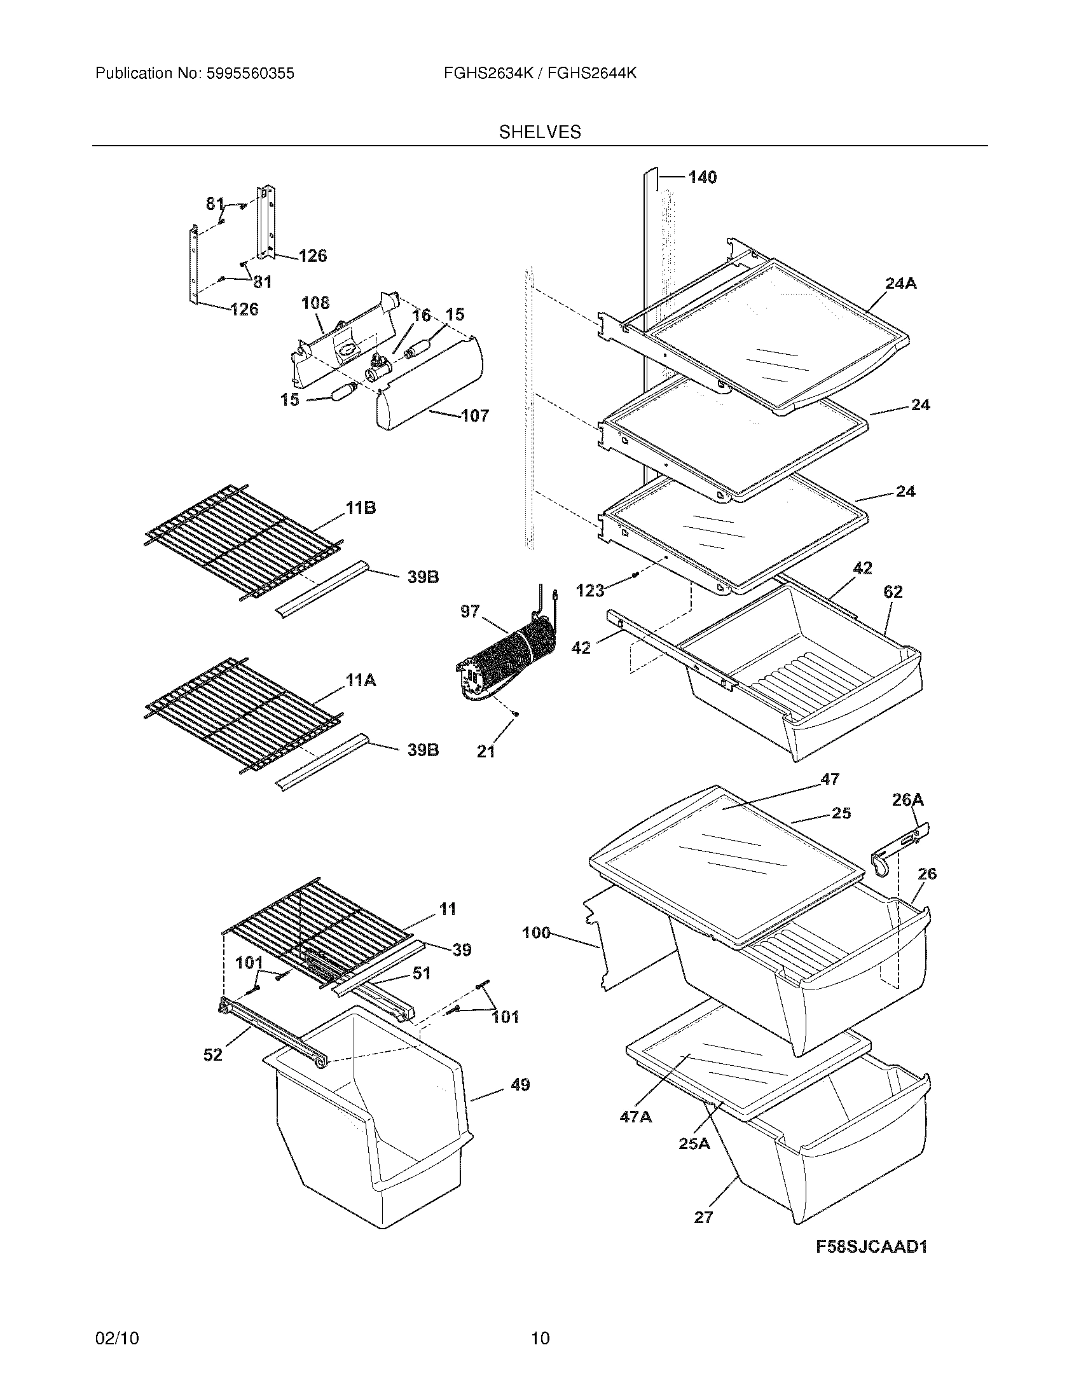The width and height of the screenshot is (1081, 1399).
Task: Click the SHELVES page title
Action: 540,132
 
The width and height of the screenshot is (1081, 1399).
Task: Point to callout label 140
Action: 702,177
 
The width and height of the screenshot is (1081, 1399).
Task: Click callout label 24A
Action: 900,283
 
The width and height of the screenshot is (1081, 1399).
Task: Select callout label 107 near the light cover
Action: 474,416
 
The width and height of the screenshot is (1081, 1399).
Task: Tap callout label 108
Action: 315,303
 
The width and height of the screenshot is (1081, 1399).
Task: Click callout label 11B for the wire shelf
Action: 361,508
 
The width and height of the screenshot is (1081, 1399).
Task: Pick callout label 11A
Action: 361,680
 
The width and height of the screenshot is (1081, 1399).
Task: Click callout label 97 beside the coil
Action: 469,611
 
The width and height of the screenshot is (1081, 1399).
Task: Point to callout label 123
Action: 590,590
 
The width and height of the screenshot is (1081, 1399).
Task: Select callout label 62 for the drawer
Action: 893,592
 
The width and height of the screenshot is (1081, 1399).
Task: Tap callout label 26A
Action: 907,799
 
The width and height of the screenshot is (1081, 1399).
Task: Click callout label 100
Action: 536,933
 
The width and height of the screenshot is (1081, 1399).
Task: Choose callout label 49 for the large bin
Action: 520,1085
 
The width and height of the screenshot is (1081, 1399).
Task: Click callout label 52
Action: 212,1054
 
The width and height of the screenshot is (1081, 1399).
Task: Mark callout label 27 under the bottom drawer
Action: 703,1217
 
